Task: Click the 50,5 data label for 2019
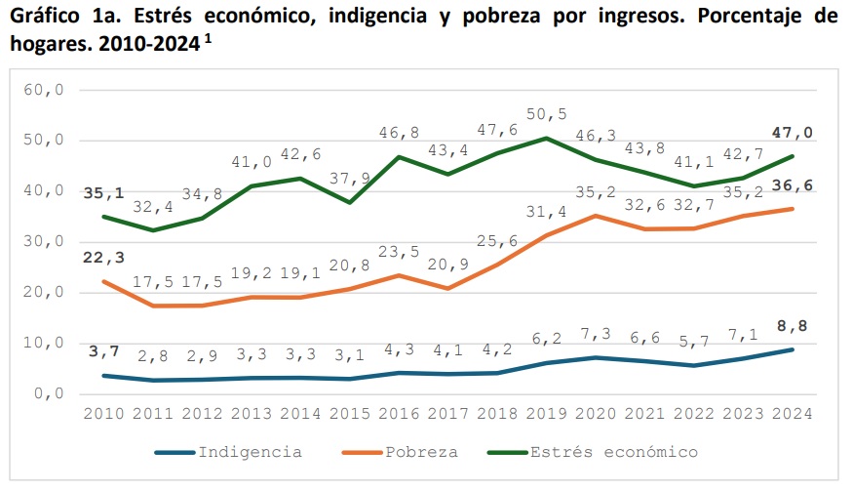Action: [x=546, y=114]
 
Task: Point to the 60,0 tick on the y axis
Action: [x=44, y=90]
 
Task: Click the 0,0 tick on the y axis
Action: [x=48, y=394]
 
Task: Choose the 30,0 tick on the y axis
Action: [x=44, y=242]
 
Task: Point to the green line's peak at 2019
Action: [x=545, y=138]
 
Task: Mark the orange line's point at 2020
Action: [x=596, y=216]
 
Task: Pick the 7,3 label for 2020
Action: [x=596, y=335]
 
